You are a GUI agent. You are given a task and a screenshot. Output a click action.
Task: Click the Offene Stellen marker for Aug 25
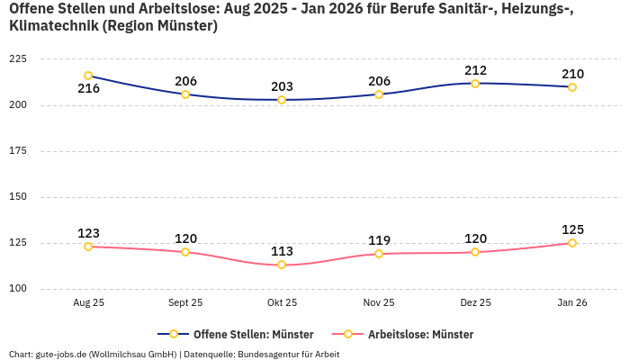[x=88, y=76]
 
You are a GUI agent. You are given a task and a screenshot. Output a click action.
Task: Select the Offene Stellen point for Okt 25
[x=282, y=100]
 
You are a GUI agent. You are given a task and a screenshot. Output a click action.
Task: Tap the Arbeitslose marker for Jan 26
[x=572, y=243]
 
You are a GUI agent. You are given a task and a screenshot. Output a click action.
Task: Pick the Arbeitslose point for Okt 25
[x=282, y=265]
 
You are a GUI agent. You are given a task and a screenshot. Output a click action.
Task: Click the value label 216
[x=88, y=89]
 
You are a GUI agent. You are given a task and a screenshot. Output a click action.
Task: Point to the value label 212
[x=476, y=70]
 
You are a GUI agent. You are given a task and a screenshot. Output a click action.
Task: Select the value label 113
[x=282, y=251]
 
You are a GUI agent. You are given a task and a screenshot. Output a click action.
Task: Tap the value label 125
[x=572, y=229]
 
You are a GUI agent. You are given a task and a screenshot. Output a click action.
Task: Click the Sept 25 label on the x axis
[x=185, y=303]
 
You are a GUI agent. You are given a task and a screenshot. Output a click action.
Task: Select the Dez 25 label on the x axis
[x=476, y=303]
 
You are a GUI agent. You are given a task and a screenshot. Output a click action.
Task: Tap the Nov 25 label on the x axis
[x=379, y=303]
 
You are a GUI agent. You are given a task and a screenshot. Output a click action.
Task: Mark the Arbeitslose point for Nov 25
[x=379, y=254]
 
